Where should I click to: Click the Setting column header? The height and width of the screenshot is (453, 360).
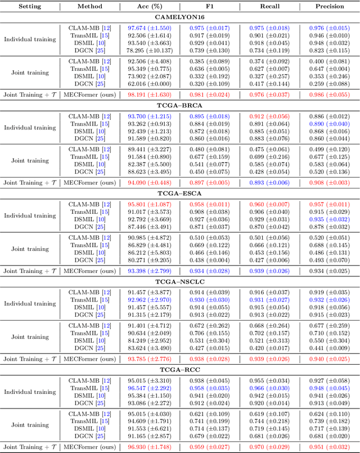click(x=29, y=7)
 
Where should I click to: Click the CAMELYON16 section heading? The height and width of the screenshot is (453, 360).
click(x=180, y=17)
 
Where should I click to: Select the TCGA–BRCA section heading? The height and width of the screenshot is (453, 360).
click(x=180, y=106)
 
